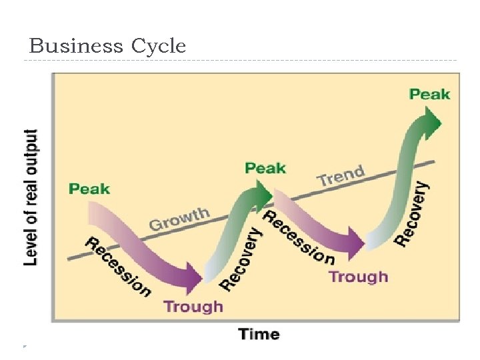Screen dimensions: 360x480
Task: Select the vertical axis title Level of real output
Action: (31, 197)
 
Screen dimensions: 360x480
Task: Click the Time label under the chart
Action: (259, 334)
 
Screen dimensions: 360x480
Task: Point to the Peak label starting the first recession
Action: (89, 188)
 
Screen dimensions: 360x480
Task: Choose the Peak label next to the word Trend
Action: (265, 167)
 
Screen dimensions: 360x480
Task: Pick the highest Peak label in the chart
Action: (429, 94)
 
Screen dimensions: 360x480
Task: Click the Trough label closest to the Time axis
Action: (193, 307)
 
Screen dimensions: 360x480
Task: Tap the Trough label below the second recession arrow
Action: (358, 276)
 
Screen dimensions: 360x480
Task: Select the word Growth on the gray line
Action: (179, 219)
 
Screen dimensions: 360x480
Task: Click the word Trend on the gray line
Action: (341, 176)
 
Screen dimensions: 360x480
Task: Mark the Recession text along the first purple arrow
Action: (117, 266)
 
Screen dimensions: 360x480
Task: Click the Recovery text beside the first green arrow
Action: (240, 259)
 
